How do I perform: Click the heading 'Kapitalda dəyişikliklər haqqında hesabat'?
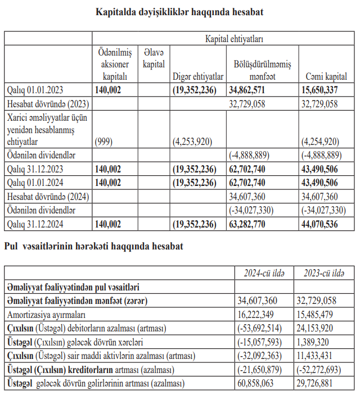point(179,12)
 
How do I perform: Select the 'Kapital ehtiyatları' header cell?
point(234,39)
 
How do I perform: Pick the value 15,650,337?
point(319,90)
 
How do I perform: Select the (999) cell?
point(106,141)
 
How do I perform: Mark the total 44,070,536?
point(319,224)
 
